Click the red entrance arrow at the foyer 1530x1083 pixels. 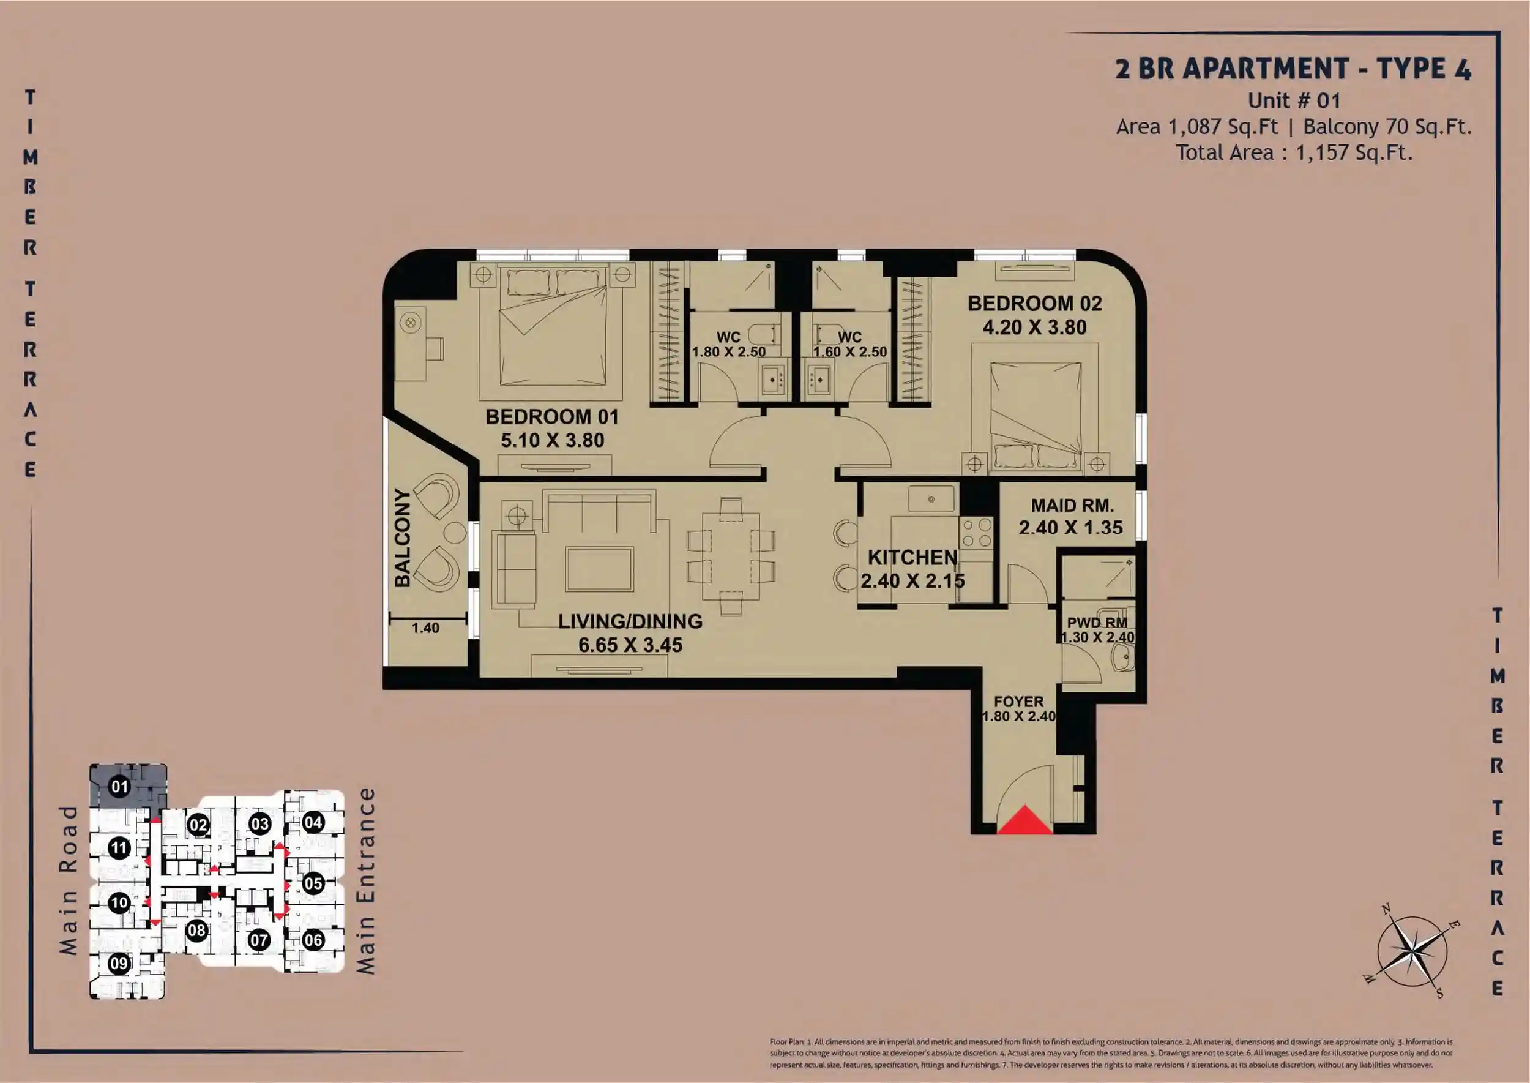click(1024, 821)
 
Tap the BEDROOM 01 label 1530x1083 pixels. click(552, 417)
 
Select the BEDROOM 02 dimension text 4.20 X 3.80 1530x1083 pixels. click(1035, 328)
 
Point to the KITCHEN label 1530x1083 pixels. click(912, 557)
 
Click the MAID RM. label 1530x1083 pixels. click(1073, 506)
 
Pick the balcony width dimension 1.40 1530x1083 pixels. click(425, 628)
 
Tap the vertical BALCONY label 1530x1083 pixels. click(402, 538)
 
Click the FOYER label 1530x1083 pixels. click(1018, 702)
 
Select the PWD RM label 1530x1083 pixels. click(1097, 622)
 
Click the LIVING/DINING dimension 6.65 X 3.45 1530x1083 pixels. click(630, 645)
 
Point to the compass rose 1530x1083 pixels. click(1412, 951)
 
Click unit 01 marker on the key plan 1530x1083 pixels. click(119, 787)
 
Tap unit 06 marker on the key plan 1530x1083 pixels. click(313, 940)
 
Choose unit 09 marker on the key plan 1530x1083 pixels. click(119, 964)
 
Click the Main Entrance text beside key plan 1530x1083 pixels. click(365, 882)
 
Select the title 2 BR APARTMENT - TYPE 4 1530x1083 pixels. click(1293, 69)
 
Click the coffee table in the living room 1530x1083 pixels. click(599, 569)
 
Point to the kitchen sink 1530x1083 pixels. click(931, 499)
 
